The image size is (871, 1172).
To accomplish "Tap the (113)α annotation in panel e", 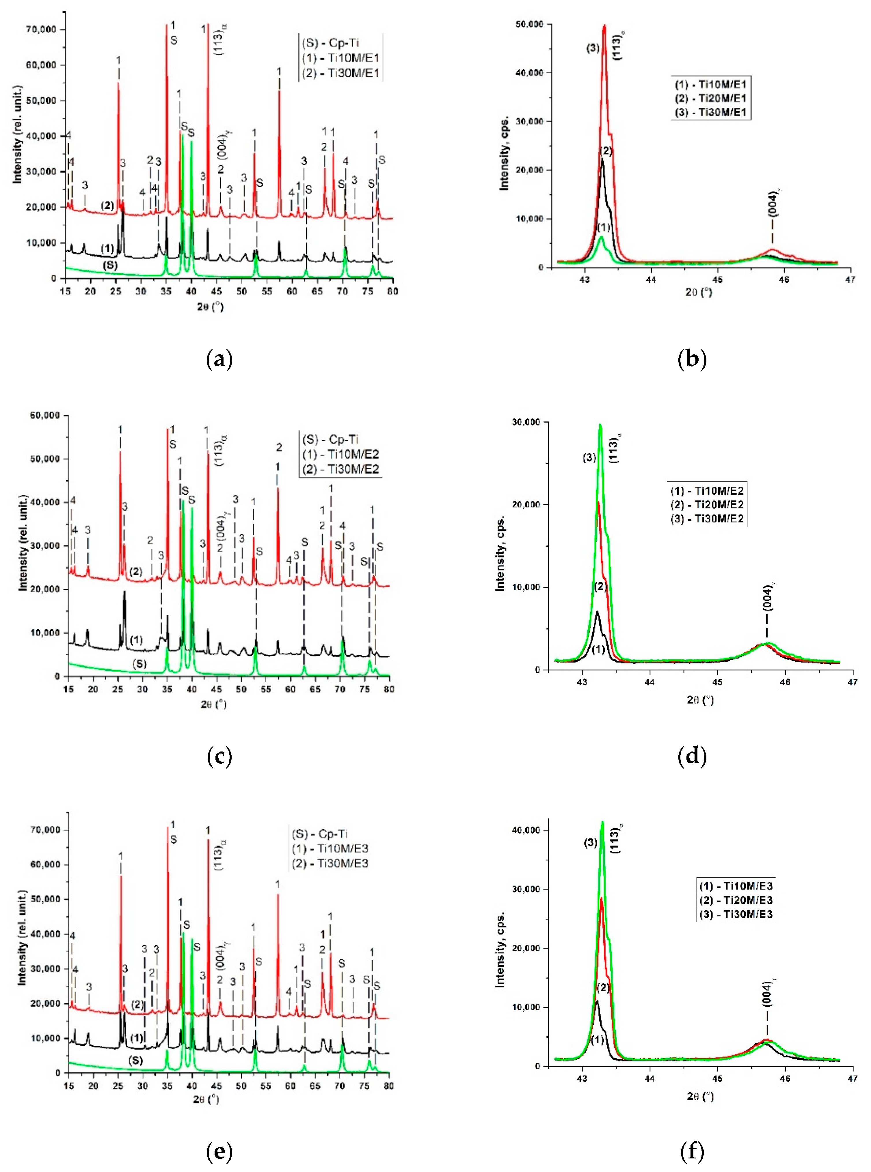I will click(222, 855).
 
